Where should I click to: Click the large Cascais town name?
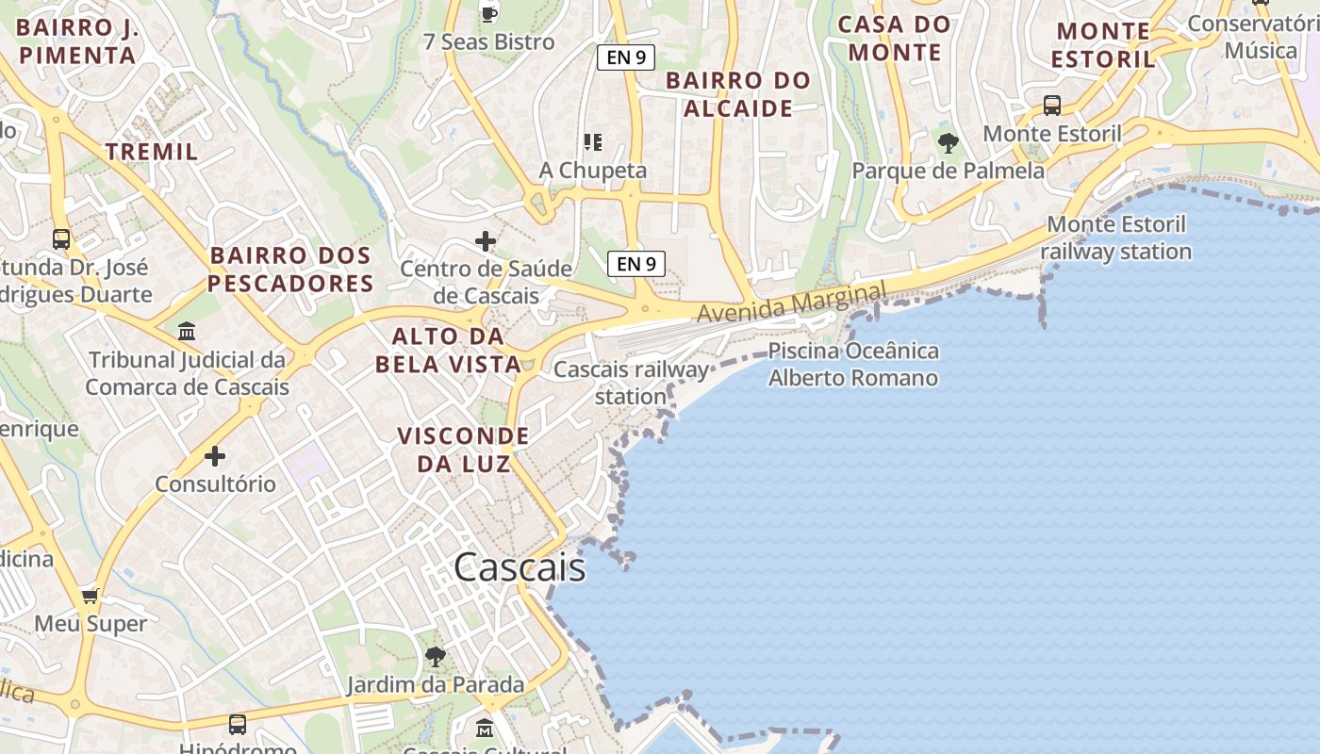[x=520, y=567]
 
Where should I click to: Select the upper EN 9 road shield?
[x=626, y=57]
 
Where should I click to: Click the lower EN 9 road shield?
[x=636, y=264]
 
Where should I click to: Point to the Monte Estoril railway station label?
[x=1116, y=238]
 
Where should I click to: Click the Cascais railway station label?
[x=631, y=383]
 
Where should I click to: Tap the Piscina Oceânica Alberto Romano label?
[x=853, y=365]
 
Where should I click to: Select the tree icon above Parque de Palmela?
[x=949, y=143]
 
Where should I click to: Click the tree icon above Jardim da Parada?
[x=435, y=656]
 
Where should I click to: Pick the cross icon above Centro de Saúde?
[x=486, y=241]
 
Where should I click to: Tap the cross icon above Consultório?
[x=215, y=457]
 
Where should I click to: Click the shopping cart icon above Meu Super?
[x=91, y=596]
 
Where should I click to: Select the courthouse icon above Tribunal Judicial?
[x=187, y=332]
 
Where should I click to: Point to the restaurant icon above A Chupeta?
[x=593, y=142]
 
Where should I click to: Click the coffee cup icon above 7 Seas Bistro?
[x=488, y=13]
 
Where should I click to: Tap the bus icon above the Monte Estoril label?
[x=1052, y=106]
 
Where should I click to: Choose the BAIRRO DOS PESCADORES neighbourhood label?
[x=290, y=270]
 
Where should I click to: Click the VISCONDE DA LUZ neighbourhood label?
[x=462, y=450]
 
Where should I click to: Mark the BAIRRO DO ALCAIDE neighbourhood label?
[x=738, y=94]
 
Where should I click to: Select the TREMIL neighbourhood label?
[x=152, y=152]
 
